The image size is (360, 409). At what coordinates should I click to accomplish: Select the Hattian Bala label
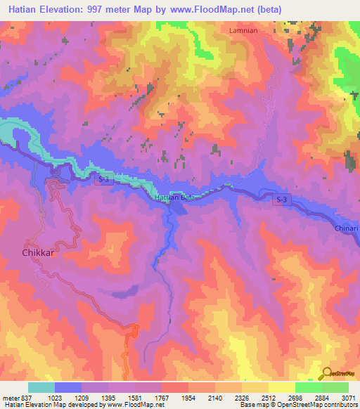coord(174,198)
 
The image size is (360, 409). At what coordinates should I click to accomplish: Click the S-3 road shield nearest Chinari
coord(281,200)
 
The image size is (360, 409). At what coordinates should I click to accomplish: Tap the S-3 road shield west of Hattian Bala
coord(103,180)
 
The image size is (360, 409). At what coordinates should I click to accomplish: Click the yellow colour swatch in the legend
coord(281,387)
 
